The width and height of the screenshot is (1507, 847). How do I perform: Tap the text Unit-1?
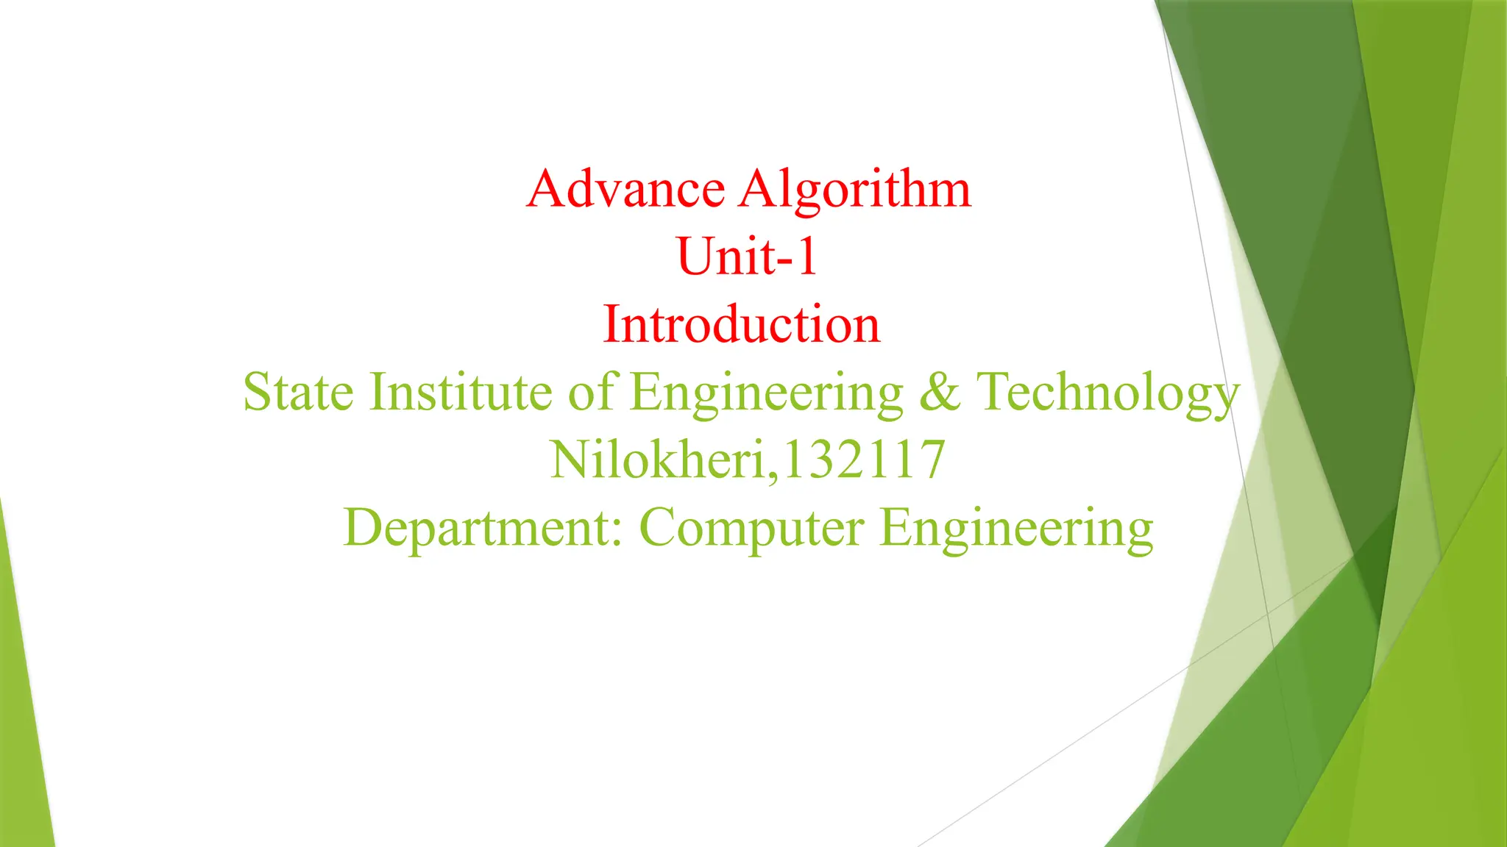[x=747, y=257]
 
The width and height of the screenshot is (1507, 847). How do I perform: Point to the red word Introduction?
[x=742, y=324]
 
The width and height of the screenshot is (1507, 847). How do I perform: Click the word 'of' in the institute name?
[x=591, y=392]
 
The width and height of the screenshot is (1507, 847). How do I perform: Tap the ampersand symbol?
[x=940, y=392]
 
